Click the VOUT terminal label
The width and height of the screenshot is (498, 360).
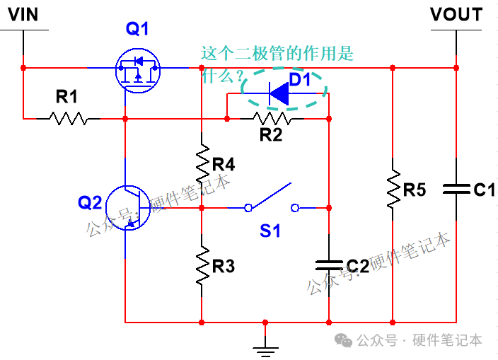click(x=456, y=15)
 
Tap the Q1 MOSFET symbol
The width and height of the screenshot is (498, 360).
click(x=138, y=68)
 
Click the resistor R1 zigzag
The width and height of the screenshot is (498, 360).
click(x=68, y=119)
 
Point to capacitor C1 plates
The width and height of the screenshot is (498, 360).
click(x=456, y=189)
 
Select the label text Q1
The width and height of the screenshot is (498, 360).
click(x=138, y=29)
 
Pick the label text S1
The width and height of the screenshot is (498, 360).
click(x=270, y=231)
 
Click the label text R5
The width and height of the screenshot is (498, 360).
click(x=415, y=190)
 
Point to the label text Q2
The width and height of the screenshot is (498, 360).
click(x=90, y=203)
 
